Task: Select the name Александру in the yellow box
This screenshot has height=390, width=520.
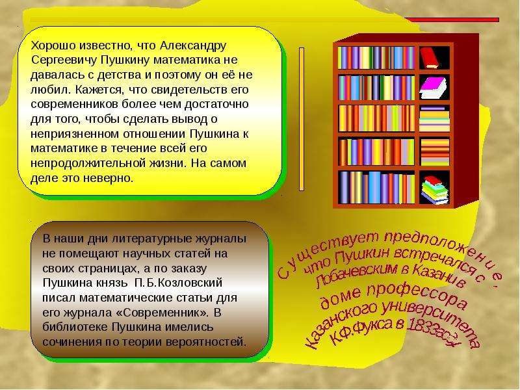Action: (192, 45)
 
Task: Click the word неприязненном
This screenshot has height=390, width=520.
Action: (75, 134)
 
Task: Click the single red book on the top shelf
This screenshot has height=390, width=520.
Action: (429, 58)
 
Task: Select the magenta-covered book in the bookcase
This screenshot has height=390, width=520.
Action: (433, 88)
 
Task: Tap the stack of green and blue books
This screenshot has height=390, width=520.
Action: (435, 190)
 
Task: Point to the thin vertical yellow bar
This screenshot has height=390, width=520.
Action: (302, 119)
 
